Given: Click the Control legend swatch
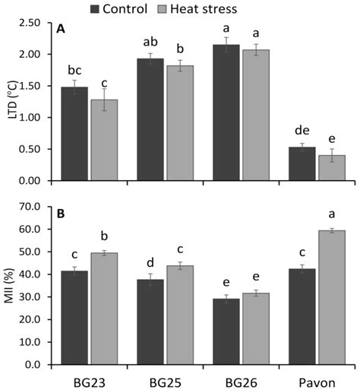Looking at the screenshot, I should point(96,8).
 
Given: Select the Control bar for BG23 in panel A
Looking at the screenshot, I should point(74,134).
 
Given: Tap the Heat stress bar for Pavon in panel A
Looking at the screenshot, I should point(331,168).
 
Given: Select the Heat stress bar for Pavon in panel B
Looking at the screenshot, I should point(331,297).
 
